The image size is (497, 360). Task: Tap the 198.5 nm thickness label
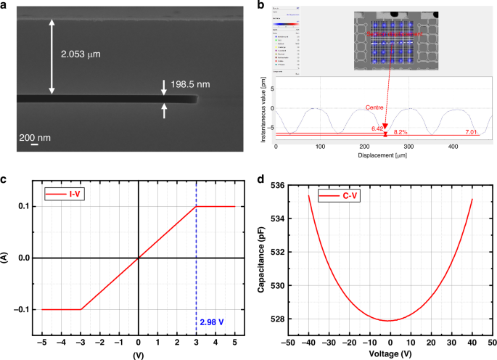point(191,85)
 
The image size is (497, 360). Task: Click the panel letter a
point(6,7)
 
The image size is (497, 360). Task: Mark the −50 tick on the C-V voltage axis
point(289,341)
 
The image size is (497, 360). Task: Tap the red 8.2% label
point(400,134)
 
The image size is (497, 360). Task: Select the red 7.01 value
point(472,131)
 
